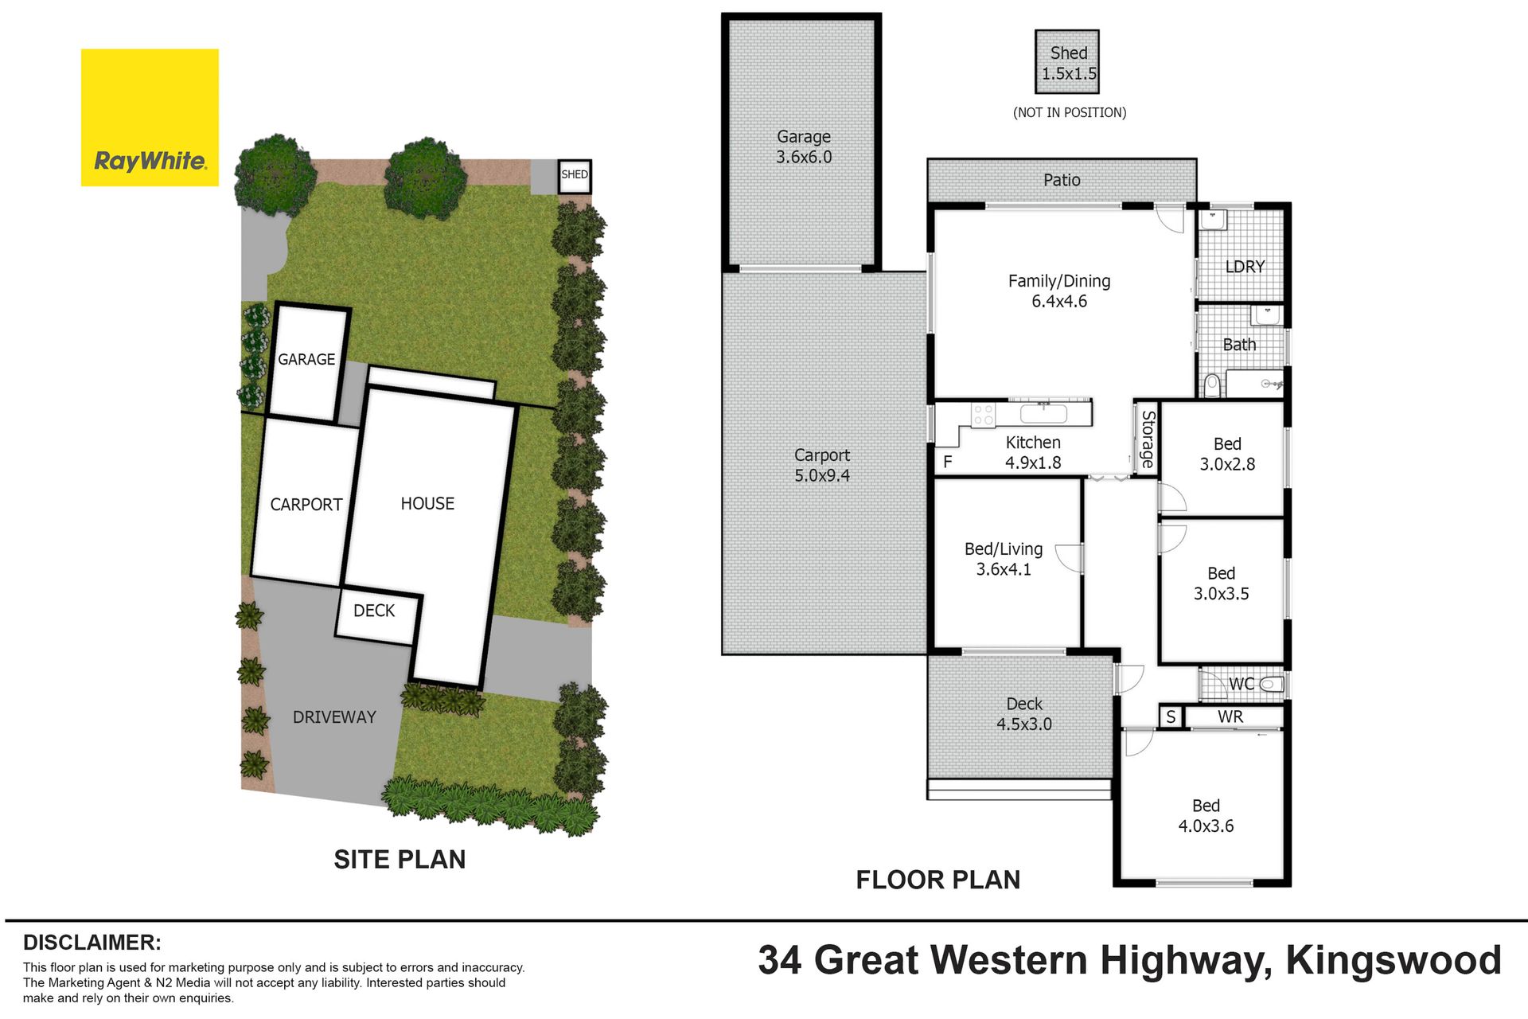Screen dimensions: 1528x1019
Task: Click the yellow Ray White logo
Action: pyautogui.click(x=150, y=118)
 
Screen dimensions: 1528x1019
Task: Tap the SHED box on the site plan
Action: pyautogui.click(x=575, y=176)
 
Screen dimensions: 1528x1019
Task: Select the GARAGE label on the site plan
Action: pyautogui.click(x=306, y=360)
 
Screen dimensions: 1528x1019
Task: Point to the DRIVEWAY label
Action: pyautogui.click(x=334, y=717)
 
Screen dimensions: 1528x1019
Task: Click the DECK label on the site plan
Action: pyautogui.click(x=374, y=611)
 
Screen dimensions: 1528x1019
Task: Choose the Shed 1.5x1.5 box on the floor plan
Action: pyautogui.click(x=1067, y=62)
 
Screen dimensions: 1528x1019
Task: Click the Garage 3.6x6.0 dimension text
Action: pyautogui.click(x=804, y=158)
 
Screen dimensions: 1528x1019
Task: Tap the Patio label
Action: pyautogui.click(x=1062, y=181)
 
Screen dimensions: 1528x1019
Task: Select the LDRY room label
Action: pyautogui.click(x=1245, y=267)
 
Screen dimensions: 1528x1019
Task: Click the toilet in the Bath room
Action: pyautogui.click(x=1212, y=386)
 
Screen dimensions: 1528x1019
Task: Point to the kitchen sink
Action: pyautogui.click(x=1043, y=413)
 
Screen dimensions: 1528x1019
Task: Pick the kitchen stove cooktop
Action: pyautogui.click(x=984, y=414)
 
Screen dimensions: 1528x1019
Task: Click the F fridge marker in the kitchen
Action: pyautogui.click(x=947, y=462)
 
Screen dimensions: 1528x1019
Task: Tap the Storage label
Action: pyautogui.click(x=1148, y=439)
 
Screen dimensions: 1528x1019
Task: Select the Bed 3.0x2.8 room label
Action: pyautogui.click(x=1227, y=455)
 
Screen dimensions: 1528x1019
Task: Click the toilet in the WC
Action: pyautogui.click(x=1272, y=684)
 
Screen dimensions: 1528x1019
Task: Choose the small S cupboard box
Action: pyautogui.click(x=1171, y=717)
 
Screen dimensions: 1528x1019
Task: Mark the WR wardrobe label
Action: pyautogui.click(x=1230, y=717)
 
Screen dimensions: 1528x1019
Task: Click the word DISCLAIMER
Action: pyautogui.click(x=92, y=943)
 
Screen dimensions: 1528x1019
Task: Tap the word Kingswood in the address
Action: pyautogui.click(x=1394, y=961)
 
